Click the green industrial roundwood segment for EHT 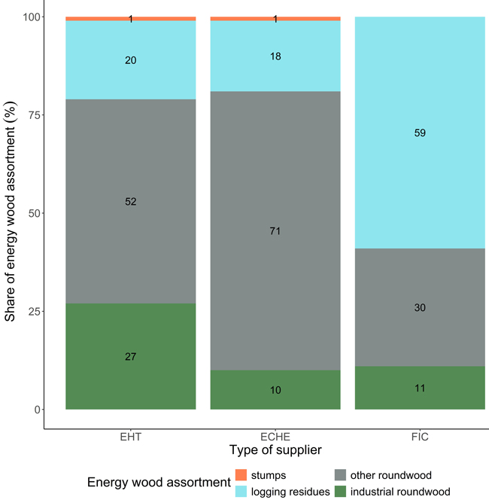point(131,356)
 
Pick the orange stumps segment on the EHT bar point(90,18)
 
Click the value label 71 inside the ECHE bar point(275,231)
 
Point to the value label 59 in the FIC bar point(420,133)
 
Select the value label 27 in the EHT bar point(131,356)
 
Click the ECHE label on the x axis point(275,436)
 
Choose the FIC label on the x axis point(420,436)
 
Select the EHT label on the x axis point(131,436)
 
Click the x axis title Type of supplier point(275,450)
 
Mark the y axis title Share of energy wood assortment point(11,213)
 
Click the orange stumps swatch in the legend point(241,475)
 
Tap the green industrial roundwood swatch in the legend point(340,492)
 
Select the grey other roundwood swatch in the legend point(340,475)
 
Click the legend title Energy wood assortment point(157,483)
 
